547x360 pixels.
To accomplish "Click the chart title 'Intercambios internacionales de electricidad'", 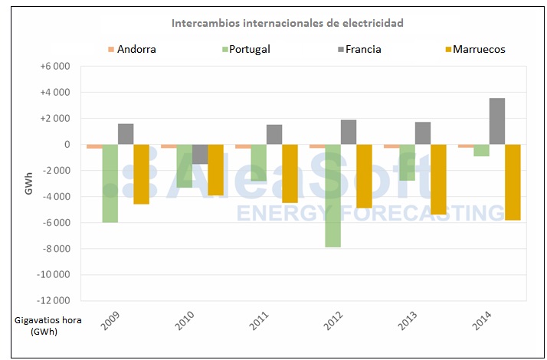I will click(287, 23).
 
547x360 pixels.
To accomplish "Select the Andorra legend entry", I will click(132, 49).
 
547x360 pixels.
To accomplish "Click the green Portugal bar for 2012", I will click(333, 195).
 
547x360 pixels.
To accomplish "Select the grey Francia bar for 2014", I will click(497, 121).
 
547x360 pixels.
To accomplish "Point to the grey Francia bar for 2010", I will click(200, 154).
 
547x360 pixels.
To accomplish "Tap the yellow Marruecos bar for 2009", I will click(142, 174).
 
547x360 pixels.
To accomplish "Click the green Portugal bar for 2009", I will click(110, 183).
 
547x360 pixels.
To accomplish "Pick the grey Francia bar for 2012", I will click(349, 133).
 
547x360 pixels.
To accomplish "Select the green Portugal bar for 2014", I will click(481, 150).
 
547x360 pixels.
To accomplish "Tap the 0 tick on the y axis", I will click(67, 145).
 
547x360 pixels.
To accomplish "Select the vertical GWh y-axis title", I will click(29, 184).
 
